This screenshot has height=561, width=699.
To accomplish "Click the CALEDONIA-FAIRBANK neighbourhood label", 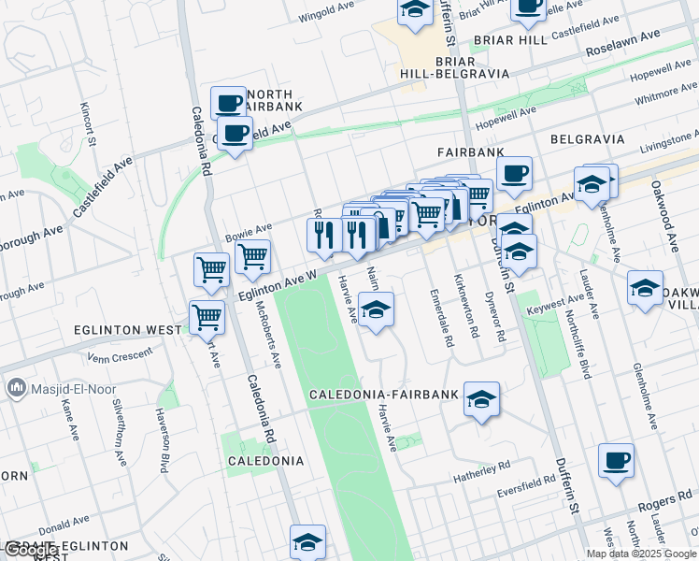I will [x=384, y=395].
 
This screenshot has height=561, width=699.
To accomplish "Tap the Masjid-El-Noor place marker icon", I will [x=15, y=386].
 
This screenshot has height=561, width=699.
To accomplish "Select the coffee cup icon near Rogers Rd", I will [x=616, y=461].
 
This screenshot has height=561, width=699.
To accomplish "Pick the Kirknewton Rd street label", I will [x=474, y=306].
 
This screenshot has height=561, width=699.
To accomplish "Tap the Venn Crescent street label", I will [x=119, y=356].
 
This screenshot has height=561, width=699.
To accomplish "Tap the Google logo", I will [x=31, y=550].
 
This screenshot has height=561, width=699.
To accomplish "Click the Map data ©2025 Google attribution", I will [x=641, y=554].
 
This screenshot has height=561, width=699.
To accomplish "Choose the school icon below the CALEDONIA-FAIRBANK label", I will [x=481, y=399].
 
